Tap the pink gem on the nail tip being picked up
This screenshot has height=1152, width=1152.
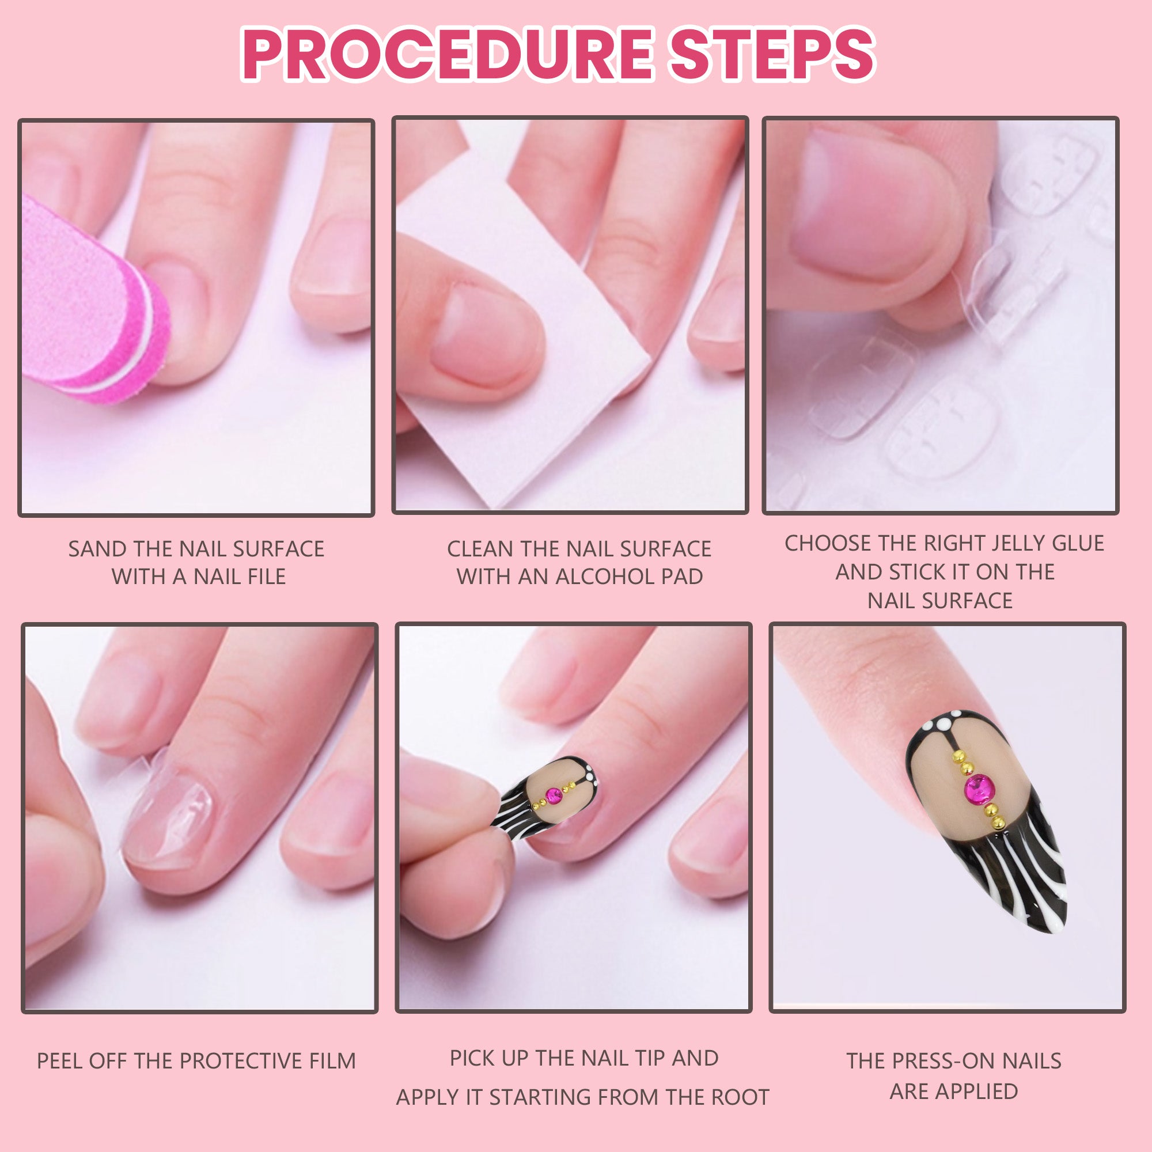click(x=554, y=794)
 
